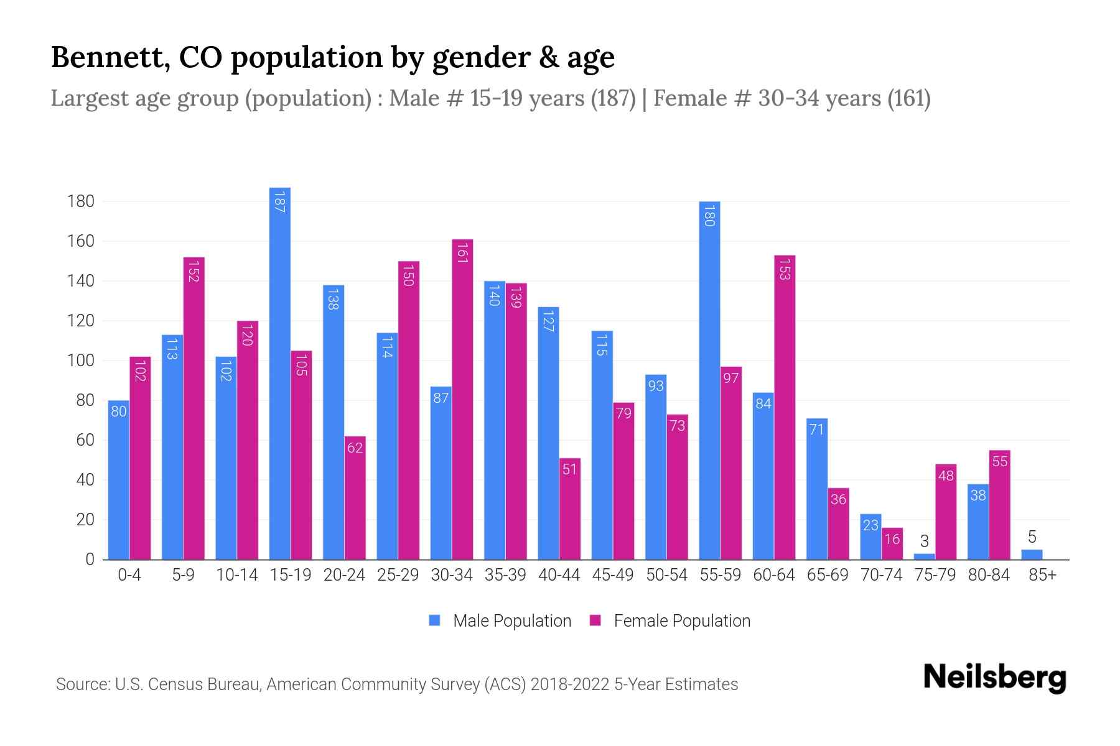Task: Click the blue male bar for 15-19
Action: (280, 373)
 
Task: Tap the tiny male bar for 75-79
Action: (924, 556)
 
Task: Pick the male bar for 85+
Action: (1032, 555)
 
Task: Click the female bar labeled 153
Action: (785, 407)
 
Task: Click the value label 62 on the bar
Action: (355, 448)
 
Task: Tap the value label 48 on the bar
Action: (946, 476)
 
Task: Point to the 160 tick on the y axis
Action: (82, 241)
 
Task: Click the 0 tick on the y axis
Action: (90, 559)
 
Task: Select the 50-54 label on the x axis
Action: (666, 575)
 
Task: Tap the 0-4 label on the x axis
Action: (129, 575)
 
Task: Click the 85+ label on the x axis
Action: (1042, 575)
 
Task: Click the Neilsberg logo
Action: (994, 678)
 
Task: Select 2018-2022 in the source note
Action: (570, 684)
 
